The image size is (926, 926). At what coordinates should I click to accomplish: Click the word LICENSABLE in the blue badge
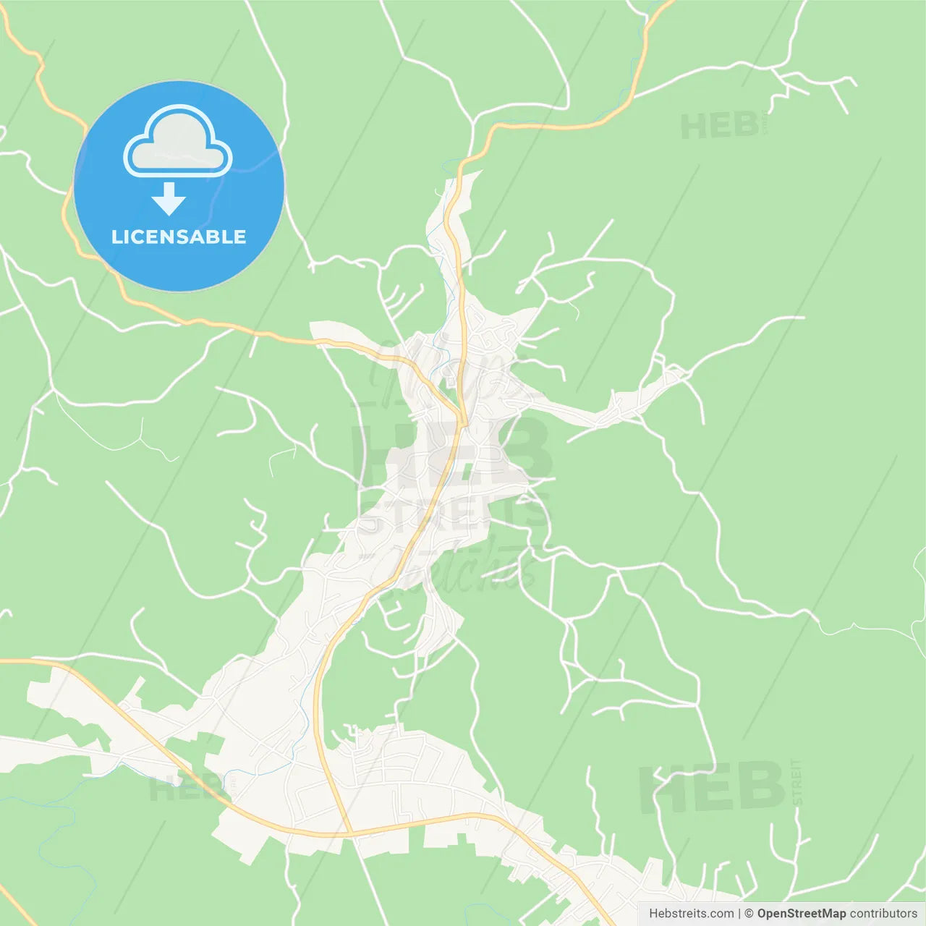click(179, 237)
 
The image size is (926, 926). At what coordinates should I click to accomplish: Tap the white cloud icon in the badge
click(178, 143)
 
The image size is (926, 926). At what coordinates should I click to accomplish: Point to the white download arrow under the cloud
click(169, 199)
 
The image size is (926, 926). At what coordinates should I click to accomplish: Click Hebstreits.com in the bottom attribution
click(691, 914)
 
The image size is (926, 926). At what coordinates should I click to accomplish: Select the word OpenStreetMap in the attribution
click(801, 914)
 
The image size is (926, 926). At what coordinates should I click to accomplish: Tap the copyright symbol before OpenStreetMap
click(749, 914)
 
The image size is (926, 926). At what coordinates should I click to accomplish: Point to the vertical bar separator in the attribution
click(739, 914)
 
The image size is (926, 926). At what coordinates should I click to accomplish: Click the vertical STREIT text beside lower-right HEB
click(797, 782)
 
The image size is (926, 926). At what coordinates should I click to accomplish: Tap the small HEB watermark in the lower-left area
click(185, 788)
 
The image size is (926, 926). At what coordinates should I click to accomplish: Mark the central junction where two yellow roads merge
click(462, 420)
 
